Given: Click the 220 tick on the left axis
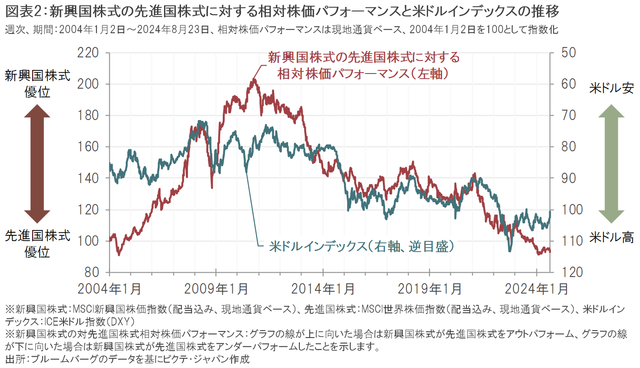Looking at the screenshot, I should (88, 53).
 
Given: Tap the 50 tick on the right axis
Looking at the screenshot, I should (569, 53).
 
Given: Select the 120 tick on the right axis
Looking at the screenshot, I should (572, 272).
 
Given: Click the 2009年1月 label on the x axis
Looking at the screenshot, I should (216, 289).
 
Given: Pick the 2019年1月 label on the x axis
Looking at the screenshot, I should (430, 289).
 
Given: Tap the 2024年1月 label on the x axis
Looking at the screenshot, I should (536, 289).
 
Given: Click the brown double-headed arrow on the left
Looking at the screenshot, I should (37, 164).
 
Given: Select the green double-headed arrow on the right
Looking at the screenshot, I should (611, 164).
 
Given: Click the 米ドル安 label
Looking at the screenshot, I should (611, 88).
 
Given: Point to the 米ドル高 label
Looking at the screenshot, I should (611, 238).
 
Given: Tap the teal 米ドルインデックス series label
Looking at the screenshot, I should (361, 247).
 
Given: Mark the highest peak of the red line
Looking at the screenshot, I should (254, 80).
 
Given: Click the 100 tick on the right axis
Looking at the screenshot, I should (572, 210).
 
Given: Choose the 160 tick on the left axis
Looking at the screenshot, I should (88, 147).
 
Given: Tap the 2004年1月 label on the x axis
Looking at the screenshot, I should (110, 289).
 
